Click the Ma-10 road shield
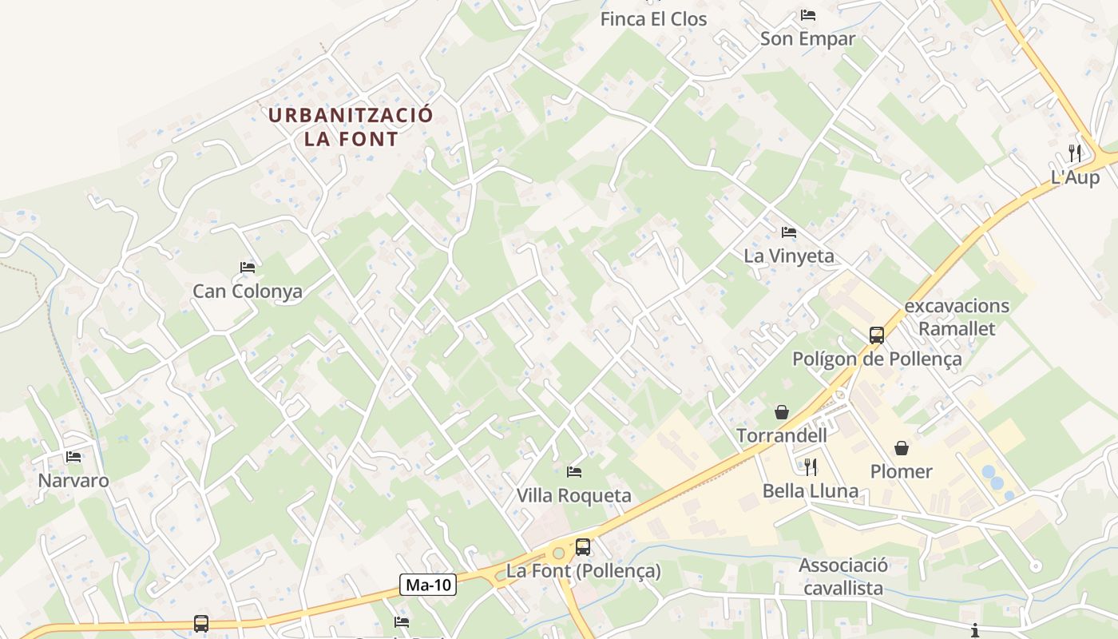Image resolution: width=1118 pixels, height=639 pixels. pos(428,585)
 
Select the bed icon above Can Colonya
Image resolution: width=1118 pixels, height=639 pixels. pos(248,268)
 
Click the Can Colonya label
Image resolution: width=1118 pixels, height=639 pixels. pos(248,292)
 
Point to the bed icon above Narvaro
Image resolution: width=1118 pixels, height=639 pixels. pos(74,457)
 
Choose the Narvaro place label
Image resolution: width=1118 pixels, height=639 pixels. pos(73,481)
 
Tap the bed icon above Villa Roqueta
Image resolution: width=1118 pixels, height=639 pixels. pos(574,472)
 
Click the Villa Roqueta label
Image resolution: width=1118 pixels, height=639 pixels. pos(574,496)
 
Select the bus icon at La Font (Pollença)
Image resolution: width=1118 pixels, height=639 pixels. pos(583,547)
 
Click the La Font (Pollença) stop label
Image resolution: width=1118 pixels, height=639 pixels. pos(584,572)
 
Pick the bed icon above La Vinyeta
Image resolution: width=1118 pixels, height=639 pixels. pos(789,232)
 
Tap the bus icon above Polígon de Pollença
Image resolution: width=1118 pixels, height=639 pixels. pos(877,335)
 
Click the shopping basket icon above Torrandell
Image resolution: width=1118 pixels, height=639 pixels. pos(782,412)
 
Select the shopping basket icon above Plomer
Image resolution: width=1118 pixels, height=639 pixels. pos(902,448)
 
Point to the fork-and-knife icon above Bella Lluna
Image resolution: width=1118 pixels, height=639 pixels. pos(811,466)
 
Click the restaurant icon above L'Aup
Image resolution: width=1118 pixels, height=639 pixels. pos(1075,153)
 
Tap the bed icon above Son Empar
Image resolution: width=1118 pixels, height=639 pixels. pos(808,15)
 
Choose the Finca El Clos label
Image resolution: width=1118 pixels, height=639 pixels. pos(654,19)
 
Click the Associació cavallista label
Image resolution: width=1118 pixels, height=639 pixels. pos(843,577)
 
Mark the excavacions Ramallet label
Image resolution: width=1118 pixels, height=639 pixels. pos(957,317)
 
